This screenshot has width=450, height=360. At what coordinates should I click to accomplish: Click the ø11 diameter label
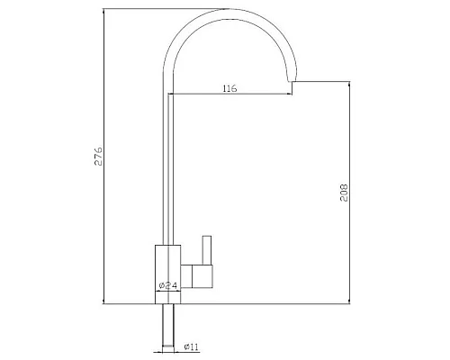click(x=192, y=346)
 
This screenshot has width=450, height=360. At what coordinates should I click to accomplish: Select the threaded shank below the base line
click(x=167, y=325)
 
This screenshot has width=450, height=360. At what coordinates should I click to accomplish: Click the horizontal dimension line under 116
click(x=229, y=95)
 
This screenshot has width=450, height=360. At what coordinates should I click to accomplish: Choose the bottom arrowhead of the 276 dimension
click(x=107, y=299)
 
